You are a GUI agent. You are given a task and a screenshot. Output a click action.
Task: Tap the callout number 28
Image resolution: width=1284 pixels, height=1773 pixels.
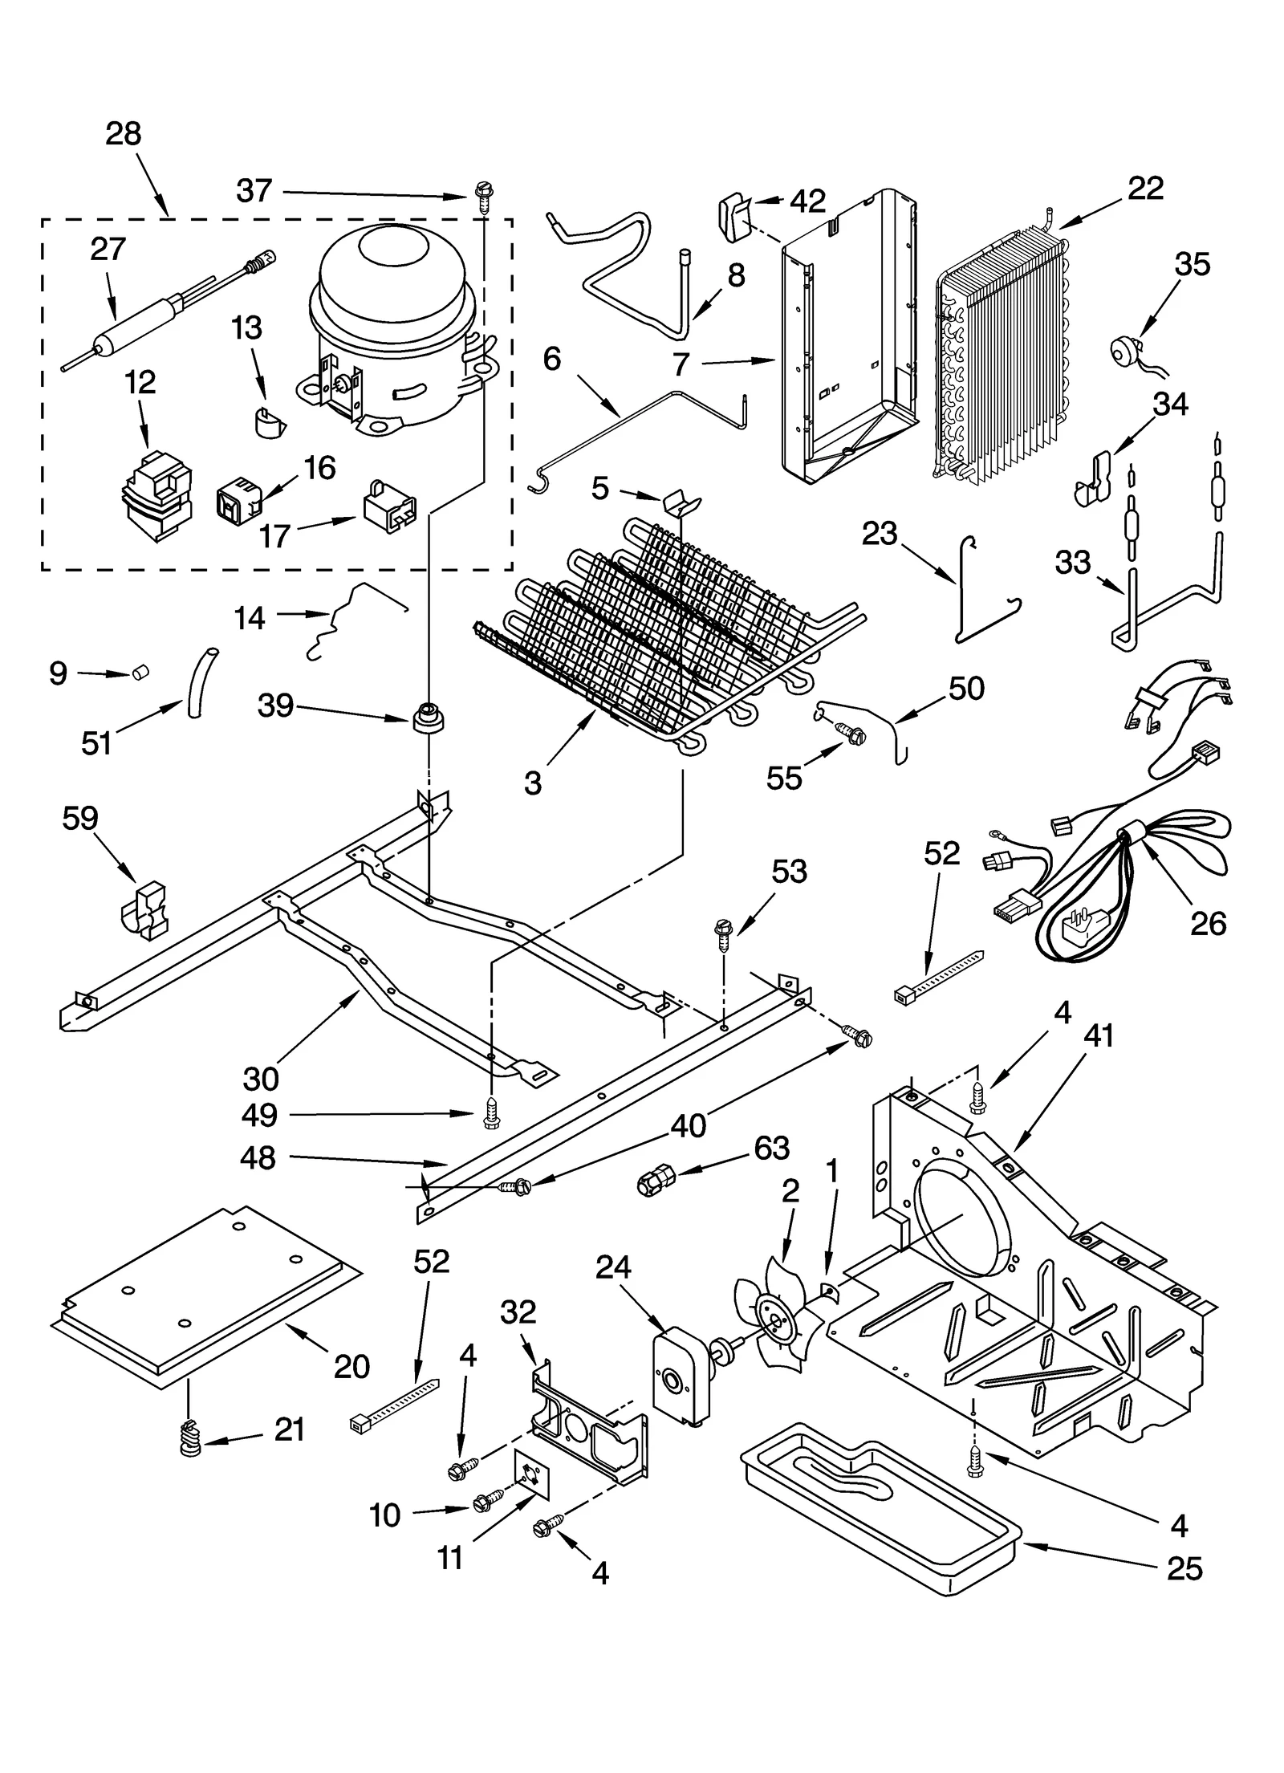[124, 134]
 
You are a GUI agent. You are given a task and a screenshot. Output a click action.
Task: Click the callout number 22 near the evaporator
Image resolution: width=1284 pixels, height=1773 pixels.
[1145, 189]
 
